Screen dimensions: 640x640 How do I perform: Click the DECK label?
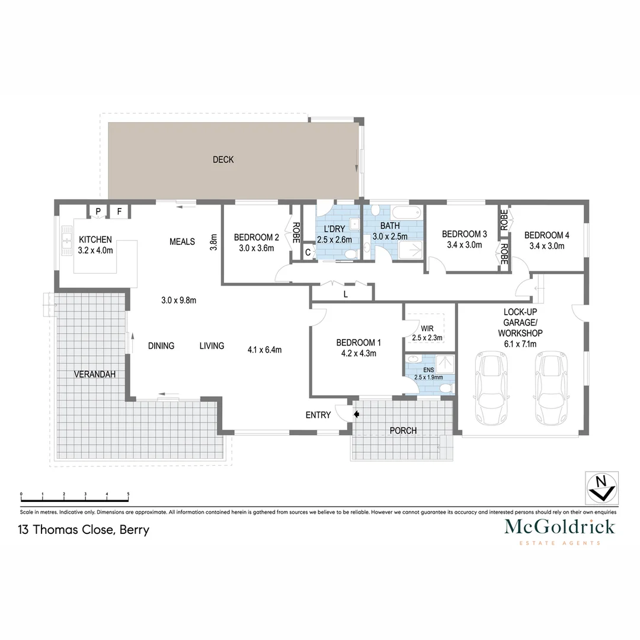[x=223, y=159]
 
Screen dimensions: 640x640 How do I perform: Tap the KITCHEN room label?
[x=95, y=239]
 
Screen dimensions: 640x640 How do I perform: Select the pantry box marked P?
[x=98, y=211]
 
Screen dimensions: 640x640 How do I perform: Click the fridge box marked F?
[x=119, y=211]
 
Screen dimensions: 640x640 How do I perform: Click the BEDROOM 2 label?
[x=256, y=236]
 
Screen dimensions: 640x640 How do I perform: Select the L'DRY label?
[x=334, y=229]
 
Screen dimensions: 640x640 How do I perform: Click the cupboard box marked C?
[x=308, y=252]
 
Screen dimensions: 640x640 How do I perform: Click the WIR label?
[x=427, y=328]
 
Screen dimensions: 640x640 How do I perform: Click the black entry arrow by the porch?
[x=356, y=415]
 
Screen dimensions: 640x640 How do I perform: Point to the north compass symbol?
[x=601, y=489]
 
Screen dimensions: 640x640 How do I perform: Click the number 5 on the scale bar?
[x=128, y=494]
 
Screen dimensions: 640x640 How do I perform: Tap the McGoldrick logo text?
[x=559, y=527]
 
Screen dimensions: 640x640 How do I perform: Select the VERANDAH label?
[x=95, y=374]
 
